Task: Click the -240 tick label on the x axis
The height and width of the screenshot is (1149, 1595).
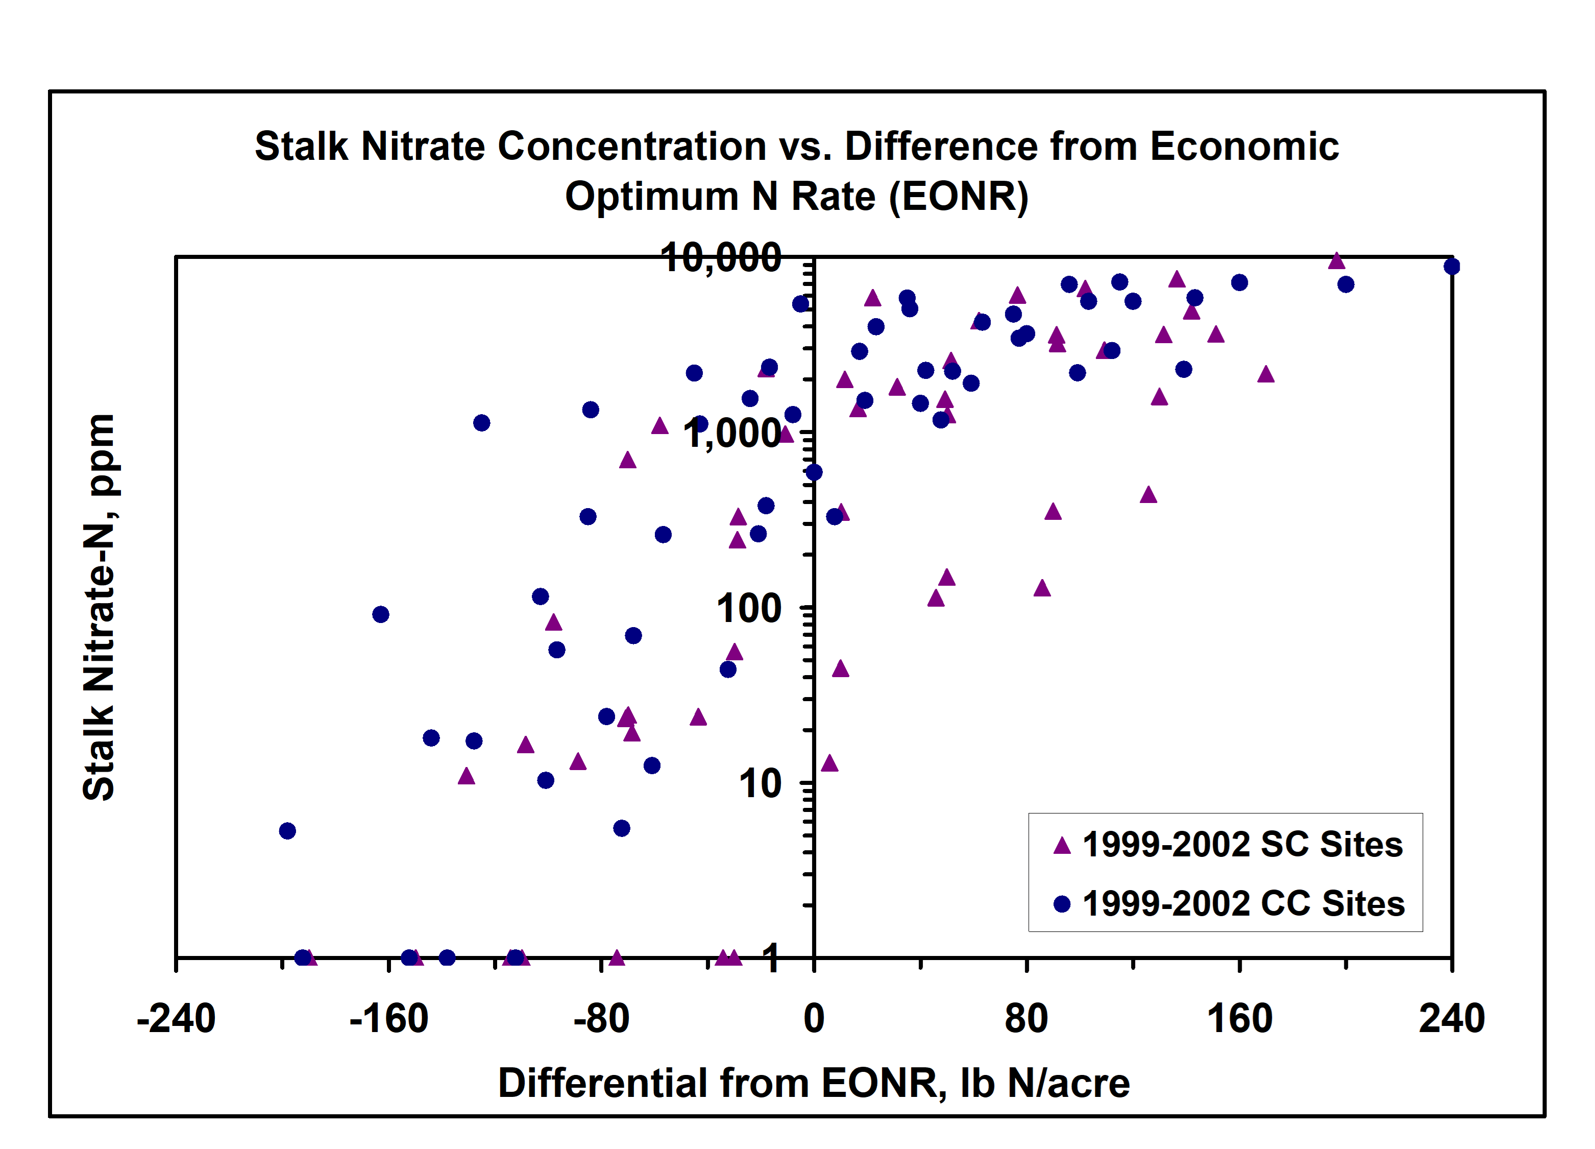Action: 176,1019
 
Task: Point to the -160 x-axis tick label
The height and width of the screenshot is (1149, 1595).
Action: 388,1019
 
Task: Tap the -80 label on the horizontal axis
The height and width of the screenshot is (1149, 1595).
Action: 601,1019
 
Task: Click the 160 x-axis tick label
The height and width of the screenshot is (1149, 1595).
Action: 1239,1019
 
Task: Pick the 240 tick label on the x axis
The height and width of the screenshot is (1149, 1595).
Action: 1452,1019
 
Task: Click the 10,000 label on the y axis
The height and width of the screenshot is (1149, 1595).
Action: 721,258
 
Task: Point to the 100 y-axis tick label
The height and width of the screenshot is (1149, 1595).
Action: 748,609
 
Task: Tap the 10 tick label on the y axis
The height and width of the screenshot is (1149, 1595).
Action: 759,784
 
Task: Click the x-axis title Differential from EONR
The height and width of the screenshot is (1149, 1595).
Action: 814,1084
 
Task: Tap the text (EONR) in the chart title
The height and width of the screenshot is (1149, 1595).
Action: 959,197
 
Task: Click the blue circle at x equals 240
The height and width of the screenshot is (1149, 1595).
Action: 1452,267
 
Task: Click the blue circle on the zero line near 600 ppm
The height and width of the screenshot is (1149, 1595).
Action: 814,473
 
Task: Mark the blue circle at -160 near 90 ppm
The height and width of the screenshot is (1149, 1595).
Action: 380,615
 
